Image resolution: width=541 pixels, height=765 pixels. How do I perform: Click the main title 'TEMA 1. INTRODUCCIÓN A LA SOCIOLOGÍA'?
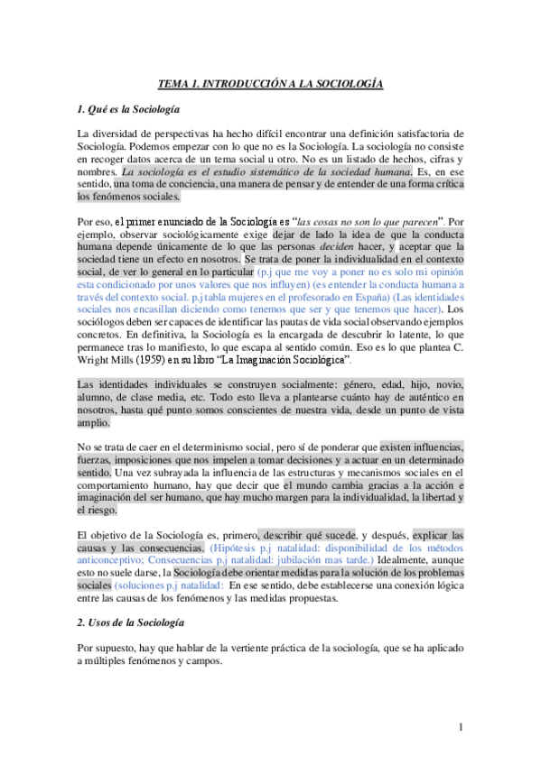271,83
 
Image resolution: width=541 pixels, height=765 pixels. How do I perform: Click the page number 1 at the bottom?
460,727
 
